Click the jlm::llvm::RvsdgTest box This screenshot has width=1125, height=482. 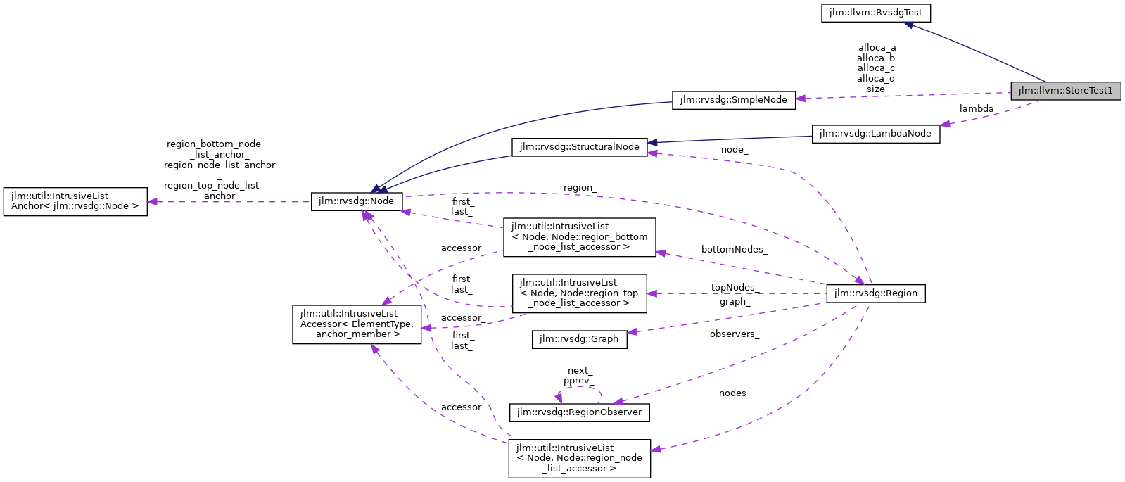875,13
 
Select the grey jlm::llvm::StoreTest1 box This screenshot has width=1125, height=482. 1065,91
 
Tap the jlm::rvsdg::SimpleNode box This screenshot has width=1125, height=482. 733,100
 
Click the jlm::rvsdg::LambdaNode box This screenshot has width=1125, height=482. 875,134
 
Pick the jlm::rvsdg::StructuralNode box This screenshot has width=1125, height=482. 579,147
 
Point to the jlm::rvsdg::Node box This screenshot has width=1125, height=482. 357,201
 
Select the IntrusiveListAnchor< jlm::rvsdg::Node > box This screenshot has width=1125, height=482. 75,201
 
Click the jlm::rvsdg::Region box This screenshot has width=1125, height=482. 875,293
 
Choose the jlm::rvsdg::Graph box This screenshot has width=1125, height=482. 578,339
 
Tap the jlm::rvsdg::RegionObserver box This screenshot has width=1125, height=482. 578,412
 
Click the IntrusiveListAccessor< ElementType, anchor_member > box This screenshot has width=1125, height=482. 357,324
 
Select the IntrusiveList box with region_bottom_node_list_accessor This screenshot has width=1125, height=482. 579,237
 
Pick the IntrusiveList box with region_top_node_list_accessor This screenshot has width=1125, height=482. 579,293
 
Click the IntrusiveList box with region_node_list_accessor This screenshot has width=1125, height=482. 579,458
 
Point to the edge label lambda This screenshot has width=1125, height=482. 977,109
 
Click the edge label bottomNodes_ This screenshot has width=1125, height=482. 734,250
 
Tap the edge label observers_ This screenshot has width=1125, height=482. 734,334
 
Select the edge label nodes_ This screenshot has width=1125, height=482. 735,393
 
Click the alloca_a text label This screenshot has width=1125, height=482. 877,48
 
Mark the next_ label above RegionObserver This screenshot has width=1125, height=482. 580,371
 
